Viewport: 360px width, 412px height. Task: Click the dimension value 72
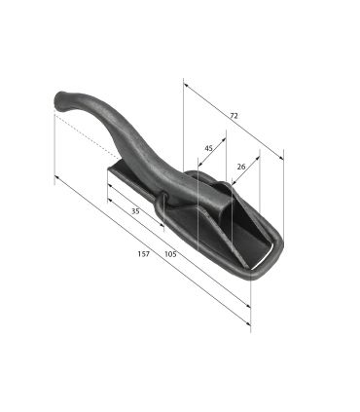[x=234, y=116]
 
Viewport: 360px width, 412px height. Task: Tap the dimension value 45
[x=208, y=148]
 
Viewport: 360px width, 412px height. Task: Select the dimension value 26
[x=241, y=167]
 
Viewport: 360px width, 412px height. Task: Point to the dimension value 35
[x=135, y=211]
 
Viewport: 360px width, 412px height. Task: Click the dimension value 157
[x=144, y=254]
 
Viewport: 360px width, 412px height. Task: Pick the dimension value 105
[x=170, y=254]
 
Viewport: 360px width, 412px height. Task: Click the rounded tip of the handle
[x=59, y=100]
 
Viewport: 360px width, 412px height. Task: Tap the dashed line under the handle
[x=87, y=136]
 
